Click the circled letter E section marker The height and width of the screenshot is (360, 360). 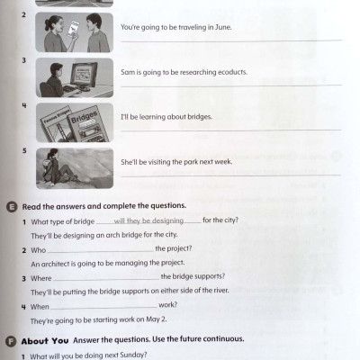10,205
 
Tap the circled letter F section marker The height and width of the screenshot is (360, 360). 10,339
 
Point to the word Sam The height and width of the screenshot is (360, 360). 128,72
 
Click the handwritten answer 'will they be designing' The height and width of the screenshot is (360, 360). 148,220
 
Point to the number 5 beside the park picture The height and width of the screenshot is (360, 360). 24,150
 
